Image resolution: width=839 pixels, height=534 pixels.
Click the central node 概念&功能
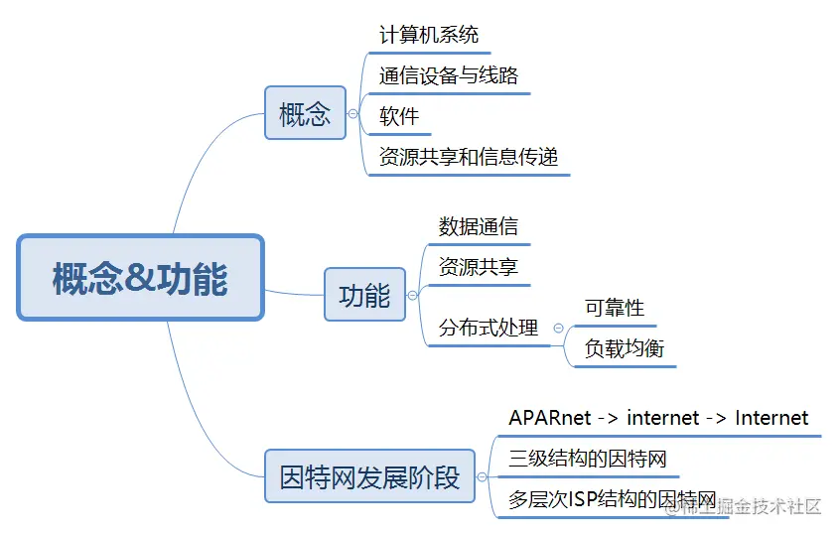tap(140, 278)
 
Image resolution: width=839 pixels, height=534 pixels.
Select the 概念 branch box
tap(304, 113)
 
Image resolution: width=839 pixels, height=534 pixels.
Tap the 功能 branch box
tap(364, 295)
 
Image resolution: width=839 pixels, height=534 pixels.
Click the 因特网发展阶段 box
tap(369, 476)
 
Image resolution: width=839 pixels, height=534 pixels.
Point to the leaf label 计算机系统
tap(428, 35)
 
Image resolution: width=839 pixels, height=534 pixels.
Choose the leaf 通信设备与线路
tap(448, 75)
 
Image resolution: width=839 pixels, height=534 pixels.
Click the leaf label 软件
tap(398, 116)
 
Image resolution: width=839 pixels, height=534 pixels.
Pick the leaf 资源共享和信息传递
tap(468, 157)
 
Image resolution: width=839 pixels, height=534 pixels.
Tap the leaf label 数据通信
tap(478, 226)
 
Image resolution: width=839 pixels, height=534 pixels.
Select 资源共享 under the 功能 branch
tap(478, 267)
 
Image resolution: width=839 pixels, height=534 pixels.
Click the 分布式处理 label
tap(488, 328)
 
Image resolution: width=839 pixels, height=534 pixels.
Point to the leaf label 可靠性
tap(614, 308)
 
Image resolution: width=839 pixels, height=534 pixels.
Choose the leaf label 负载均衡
tap(624, 348)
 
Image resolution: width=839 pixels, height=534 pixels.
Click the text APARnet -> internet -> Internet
tap(657, 418)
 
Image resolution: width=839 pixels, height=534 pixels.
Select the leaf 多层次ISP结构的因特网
tap(612, 498)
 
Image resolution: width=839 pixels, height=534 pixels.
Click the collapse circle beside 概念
tap(352, 114)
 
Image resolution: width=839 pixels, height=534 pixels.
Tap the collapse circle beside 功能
tap(413, 296)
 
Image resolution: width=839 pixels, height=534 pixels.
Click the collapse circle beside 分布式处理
tap(558, 328)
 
